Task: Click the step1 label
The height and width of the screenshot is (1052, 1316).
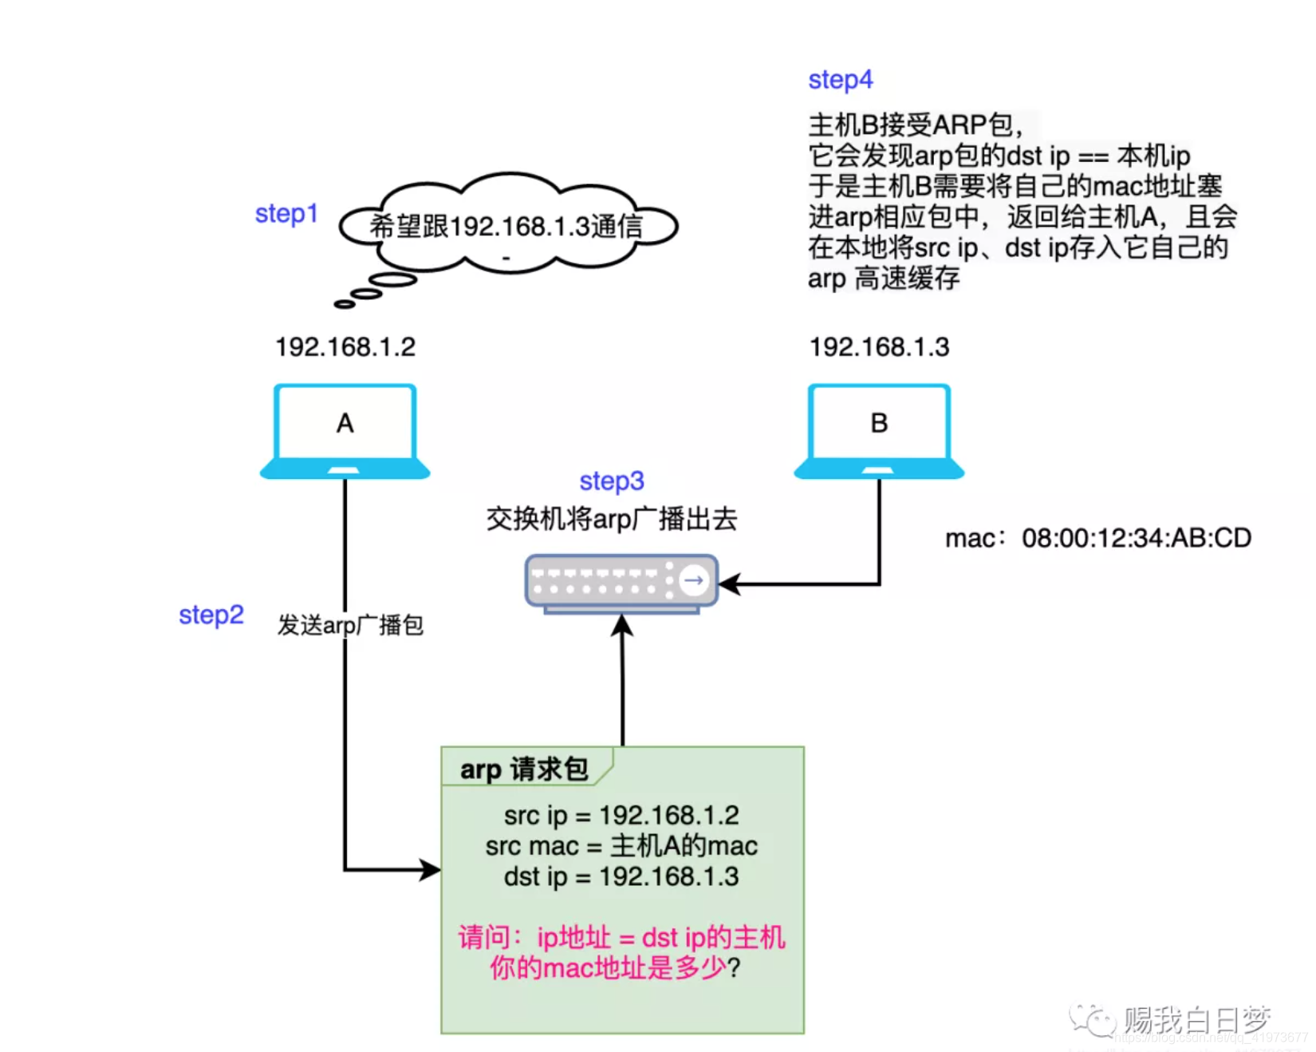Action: pyautogui.click(x=286, y=214)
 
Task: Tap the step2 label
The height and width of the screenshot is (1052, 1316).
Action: pyautogui.click(x=211, y=615)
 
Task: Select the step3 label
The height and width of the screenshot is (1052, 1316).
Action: pyautogui.click(x=612, y=481)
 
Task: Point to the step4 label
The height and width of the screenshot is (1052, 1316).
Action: pyautogui.click(x=841, y=80)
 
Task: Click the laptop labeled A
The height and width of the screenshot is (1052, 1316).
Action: pyautogui.click(x=345, y=431)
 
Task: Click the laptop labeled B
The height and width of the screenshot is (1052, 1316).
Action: pyautogui.click(x=879, y=431)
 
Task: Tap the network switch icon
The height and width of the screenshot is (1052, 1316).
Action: pyautogui.click(x=621, y=583)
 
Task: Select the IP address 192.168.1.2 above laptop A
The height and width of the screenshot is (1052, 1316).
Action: pyautogui.click(x=345, y=347)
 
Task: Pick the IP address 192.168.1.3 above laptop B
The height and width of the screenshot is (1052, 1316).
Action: pyautogui.click(x=880, y=347)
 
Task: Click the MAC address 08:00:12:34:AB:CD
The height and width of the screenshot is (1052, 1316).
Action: pyautogui.click(x=1137, y=539)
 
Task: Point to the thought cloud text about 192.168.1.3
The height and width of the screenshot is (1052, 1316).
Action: pyautogui.click(x=506, y=227)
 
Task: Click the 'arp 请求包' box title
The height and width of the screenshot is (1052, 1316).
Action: pyautogui.click(x=524, y=769)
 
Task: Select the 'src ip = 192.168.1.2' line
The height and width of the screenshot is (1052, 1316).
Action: pyautogui.click(x=621, y=816)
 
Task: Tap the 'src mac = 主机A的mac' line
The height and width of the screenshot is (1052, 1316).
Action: pyautogui.click(x=621, y=846)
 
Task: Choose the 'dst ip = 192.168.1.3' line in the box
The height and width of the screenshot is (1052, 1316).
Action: pyautogui.click(x=621, y=876)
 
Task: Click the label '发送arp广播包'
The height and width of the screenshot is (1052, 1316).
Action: pyautogui.click(x=350, y=625)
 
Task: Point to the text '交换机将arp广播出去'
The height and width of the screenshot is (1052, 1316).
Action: pyautogui.click(x=612, y=520)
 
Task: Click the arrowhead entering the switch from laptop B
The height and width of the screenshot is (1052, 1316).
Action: pyautogui.click(x=729, y=584)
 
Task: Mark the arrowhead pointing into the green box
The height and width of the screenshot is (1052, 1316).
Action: pyautogui.click(x=431, y=869)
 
